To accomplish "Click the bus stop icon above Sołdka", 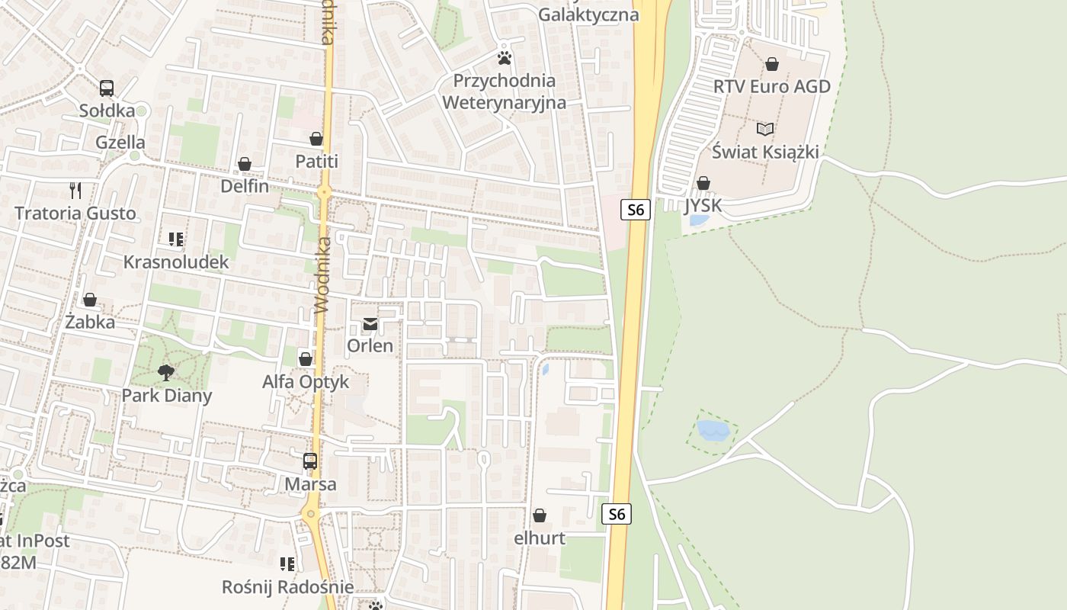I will click(107, 88).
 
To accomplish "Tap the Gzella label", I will click(120, 143).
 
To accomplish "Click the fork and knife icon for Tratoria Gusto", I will click(75, 190).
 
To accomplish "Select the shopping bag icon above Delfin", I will click(245, 164).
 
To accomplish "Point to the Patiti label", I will click(317, 162).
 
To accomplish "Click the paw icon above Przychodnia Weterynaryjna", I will click(504, 57).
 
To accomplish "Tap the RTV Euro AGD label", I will click(771, 86).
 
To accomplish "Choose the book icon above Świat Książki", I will click(765, 129).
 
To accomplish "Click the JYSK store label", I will click(703, 206).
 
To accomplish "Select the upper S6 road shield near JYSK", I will click(636, 210).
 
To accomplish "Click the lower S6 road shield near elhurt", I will click(617, 515).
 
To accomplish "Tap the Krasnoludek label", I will click(176, 262).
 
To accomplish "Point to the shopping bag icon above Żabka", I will click(90, 300).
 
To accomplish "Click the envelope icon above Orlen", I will click(370, 324).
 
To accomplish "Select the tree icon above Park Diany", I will click(166, 373).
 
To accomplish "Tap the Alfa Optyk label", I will click(306, 382).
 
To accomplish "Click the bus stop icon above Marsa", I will click(310, 461).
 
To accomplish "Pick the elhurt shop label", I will click(540, 538).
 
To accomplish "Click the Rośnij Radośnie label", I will click(287, 587).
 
